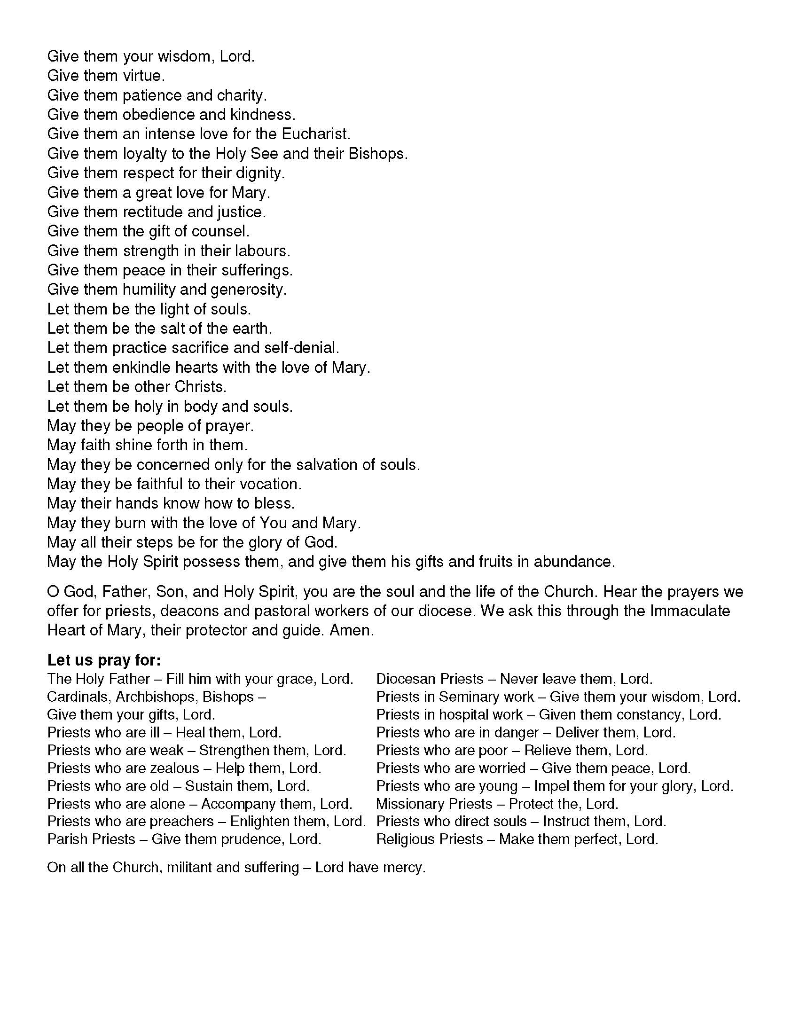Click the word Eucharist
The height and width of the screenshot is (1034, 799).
click(316, 134)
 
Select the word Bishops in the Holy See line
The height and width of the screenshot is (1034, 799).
click(377, 154)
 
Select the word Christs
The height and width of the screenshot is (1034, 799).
click(200, 387)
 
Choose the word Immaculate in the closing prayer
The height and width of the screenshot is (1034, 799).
click(689, 611)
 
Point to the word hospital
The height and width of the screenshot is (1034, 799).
click(467, 714)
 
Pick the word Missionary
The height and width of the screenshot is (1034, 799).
click(411, 804)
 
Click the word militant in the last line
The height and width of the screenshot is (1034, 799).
click(189, 867)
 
